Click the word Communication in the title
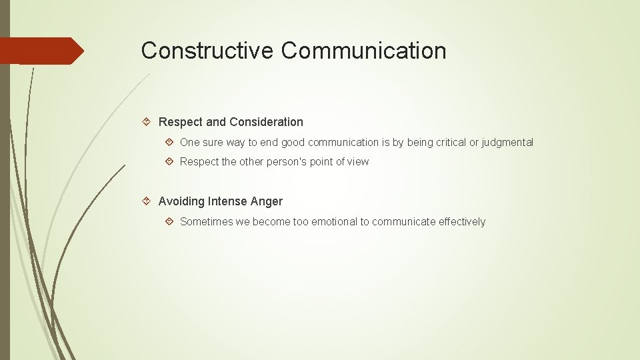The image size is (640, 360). tap(363, 51)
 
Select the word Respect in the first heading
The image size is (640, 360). tap(181, 122)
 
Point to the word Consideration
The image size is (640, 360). tap(266, 122)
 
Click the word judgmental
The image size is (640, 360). tap(508, 143)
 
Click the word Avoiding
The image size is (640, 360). tap(181, 201)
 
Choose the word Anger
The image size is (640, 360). tap(267, 201)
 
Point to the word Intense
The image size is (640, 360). tap(227, 201)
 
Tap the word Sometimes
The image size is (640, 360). tap(206, 222)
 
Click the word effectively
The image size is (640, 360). tap(462, 222)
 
